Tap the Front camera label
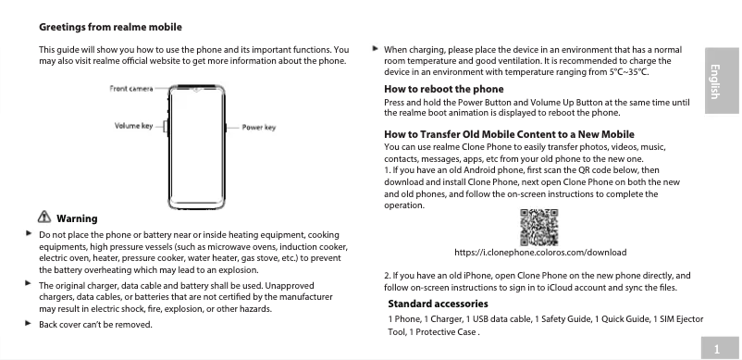131,89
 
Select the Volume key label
133,126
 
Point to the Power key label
259,127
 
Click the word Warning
77,218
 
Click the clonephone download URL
541,252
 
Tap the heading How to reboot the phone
443,89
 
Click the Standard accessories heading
438,304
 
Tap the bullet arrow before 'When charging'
374,47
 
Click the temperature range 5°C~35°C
628,71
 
